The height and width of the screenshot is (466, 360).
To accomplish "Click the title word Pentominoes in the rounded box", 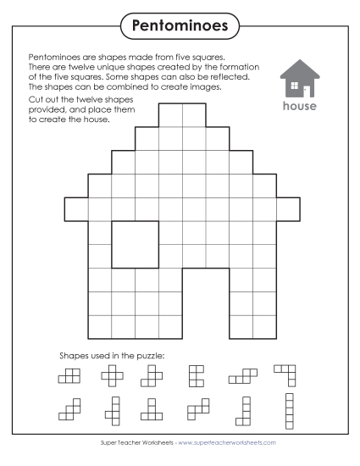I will tap(180, 26).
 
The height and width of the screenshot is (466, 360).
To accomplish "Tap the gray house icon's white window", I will tap(293, 86).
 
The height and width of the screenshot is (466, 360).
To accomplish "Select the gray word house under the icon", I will tap(300, 107).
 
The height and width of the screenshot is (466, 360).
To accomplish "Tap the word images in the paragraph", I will tap(202, 86).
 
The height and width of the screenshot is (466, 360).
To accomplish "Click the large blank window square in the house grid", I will tap(134, 243).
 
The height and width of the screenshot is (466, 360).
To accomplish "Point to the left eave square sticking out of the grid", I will tap(75, 208).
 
